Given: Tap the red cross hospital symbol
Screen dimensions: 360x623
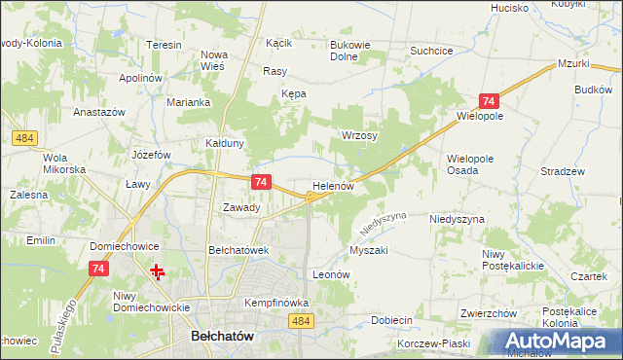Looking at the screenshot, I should point(156,270).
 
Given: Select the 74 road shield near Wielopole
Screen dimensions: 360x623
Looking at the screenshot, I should point(489,101).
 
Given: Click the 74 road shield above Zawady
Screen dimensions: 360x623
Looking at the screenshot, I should point(260,182).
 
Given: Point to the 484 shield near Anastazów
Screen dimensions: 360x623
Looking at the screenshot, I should point(25,139).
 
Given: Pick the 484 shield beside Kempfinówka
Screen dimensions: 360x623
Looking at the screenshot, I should point(302,321).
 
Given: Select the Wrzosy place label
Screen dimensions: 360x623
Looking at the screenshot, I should point(358,135).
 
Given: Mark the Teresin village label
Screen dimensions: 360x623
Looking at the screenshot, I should point(164,45).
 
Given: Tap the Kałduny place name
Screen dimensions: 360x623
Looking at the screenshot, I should point(224,143).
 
